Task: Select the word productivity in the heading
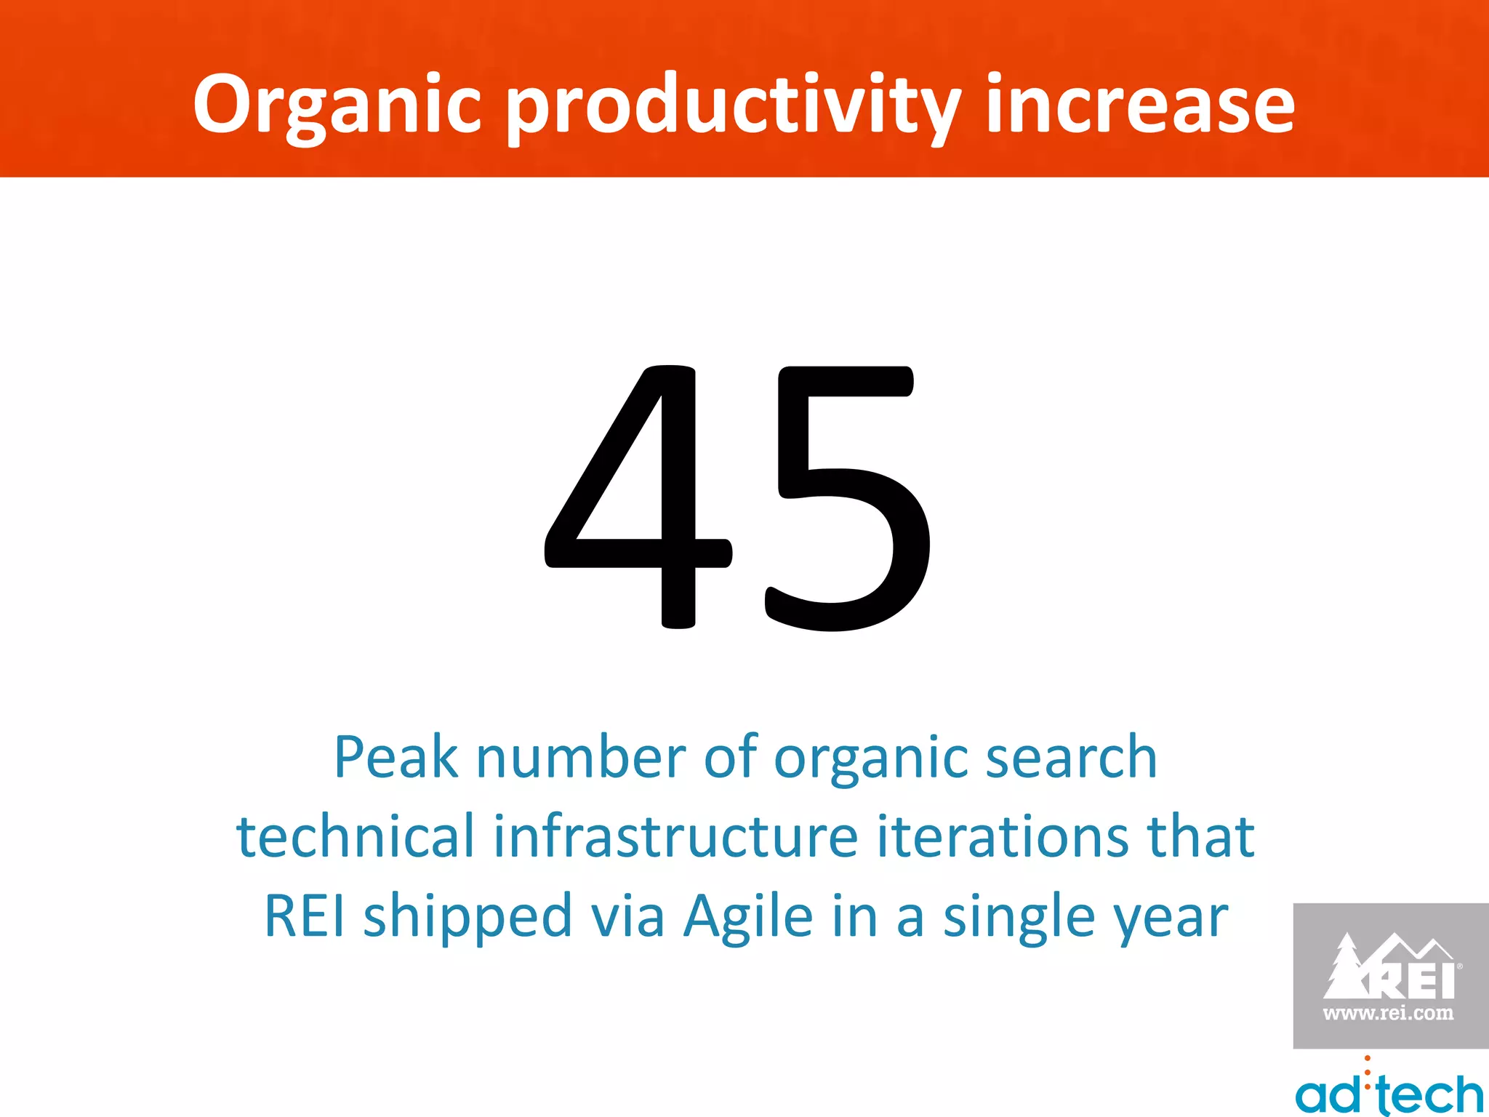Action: (x=734, y=106)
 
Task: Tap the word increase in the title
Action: (x=1139, y=106)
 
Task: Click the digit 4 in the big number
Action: (x=638, y=497)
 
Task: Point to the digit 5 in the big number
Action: (x=848, y=497)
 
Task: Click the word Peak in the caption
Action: (x=396, y=758)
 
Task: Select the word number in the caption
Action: (x=581, y=758)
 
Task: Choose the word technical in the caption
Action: (x=356, y=836)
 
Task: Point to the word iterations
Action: (x=1003, y=836)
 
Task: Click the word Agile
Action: (x=748, y=916)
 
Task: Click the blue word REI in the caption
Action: (x=305, y=916)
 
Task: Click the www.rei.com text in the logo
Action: (x=1388, y=1013)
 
